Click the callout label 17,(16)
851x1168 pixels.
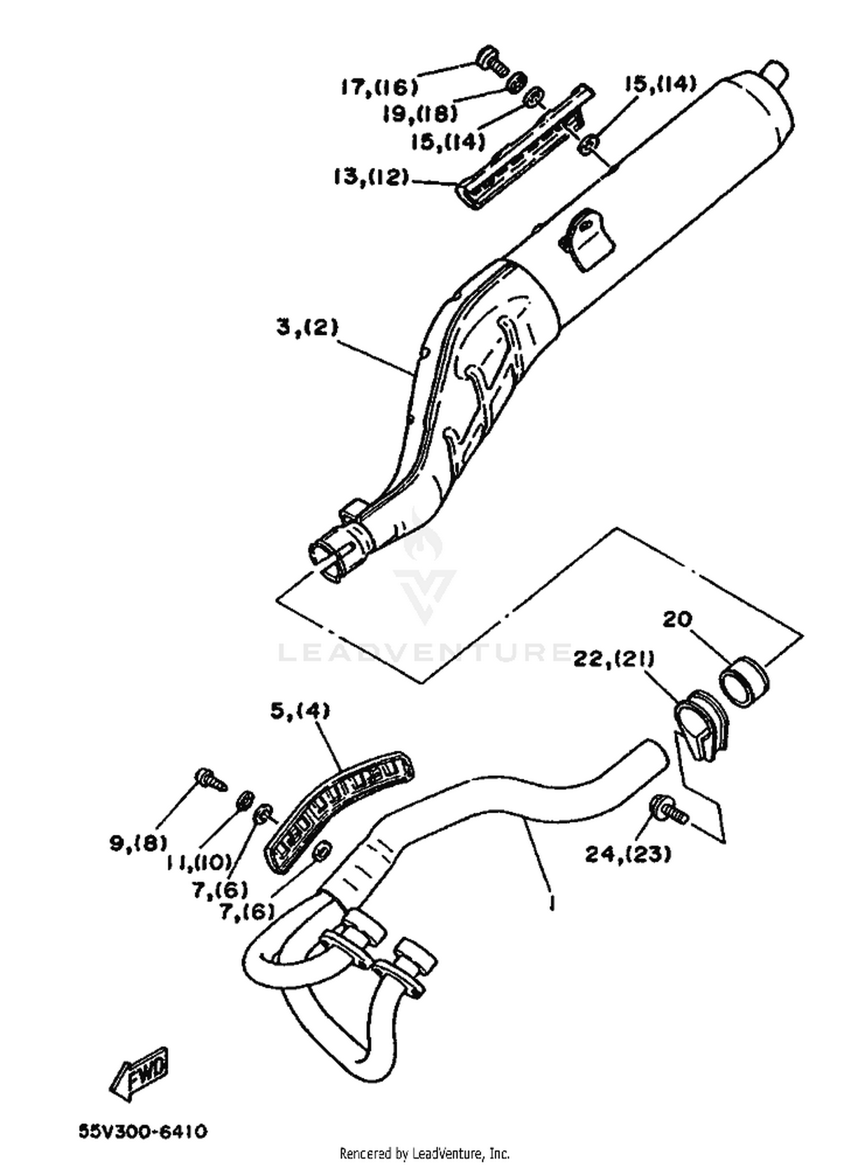tap(380, 87)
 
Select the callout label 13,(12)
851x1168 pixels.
tap(371, 178)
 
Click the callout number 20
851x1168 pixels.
tap(677, 619)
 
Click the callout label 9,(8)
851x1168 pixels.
tap(138, 843)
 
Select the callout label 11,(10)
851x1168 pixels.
tap(199, 863)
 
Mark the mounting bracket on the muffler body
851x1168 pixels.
tap(585, 238)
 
